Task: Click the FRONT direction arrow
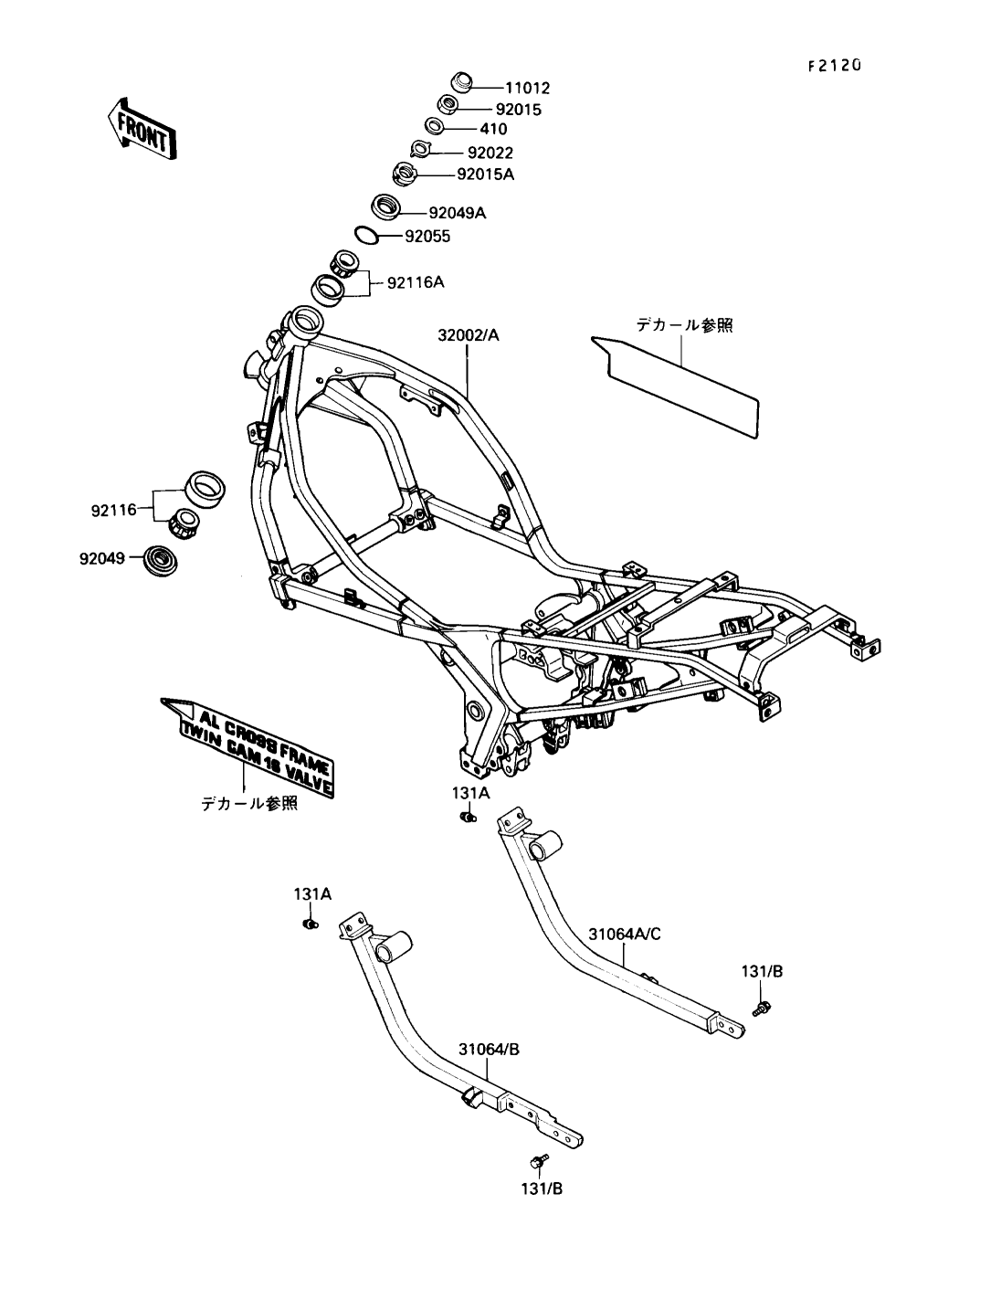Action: pos(141,128)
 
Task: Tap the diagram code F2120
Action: pos(834,67)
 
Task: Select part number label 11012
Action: pos(528,89)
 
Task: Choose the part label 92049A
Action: pos(458,214)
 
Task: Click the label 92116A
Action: pos(415,282)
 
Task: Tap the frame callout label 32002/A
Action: pos(468,335)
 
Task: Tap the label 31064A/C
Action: pos(624,934)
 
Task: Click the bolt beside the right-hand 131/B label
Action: pos(759,1008)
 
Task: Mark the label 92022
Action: pos(490,153)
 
